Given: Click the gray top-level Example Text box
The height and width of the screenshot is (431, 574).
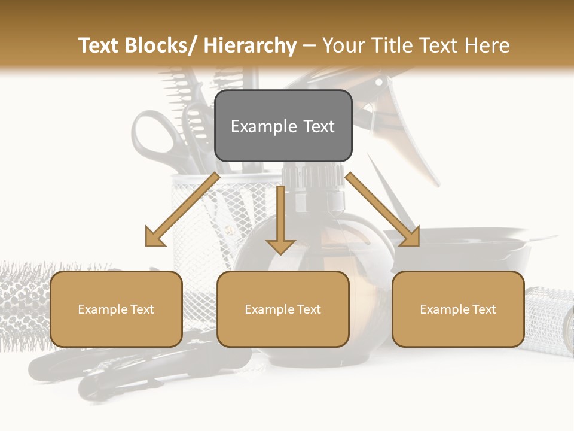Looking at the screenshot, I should (283, 126).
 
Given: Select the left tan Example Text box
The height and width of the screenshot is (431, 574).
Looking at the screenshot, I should (116, 309).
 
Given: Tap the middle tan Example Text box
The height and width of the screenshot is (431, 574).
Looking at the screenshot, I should (283, 309).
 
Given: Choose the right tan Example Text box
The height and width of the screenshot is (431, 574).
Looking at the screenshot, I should (458, 309).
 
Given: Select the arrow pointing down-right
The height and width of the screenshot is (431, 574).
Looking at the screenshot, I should (383, 210).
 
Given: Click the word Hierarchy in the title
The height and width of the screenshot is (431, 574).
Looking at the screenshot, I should (250, 45).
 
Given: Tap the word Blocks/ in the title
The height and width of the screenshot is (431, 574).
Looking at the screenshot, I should (160, 45).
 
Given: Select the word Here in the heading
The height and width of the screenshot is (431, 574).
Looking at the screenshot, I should (486, 45).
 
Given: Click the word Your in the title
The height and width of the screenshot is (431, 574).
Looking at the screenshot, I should (345, 45).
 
